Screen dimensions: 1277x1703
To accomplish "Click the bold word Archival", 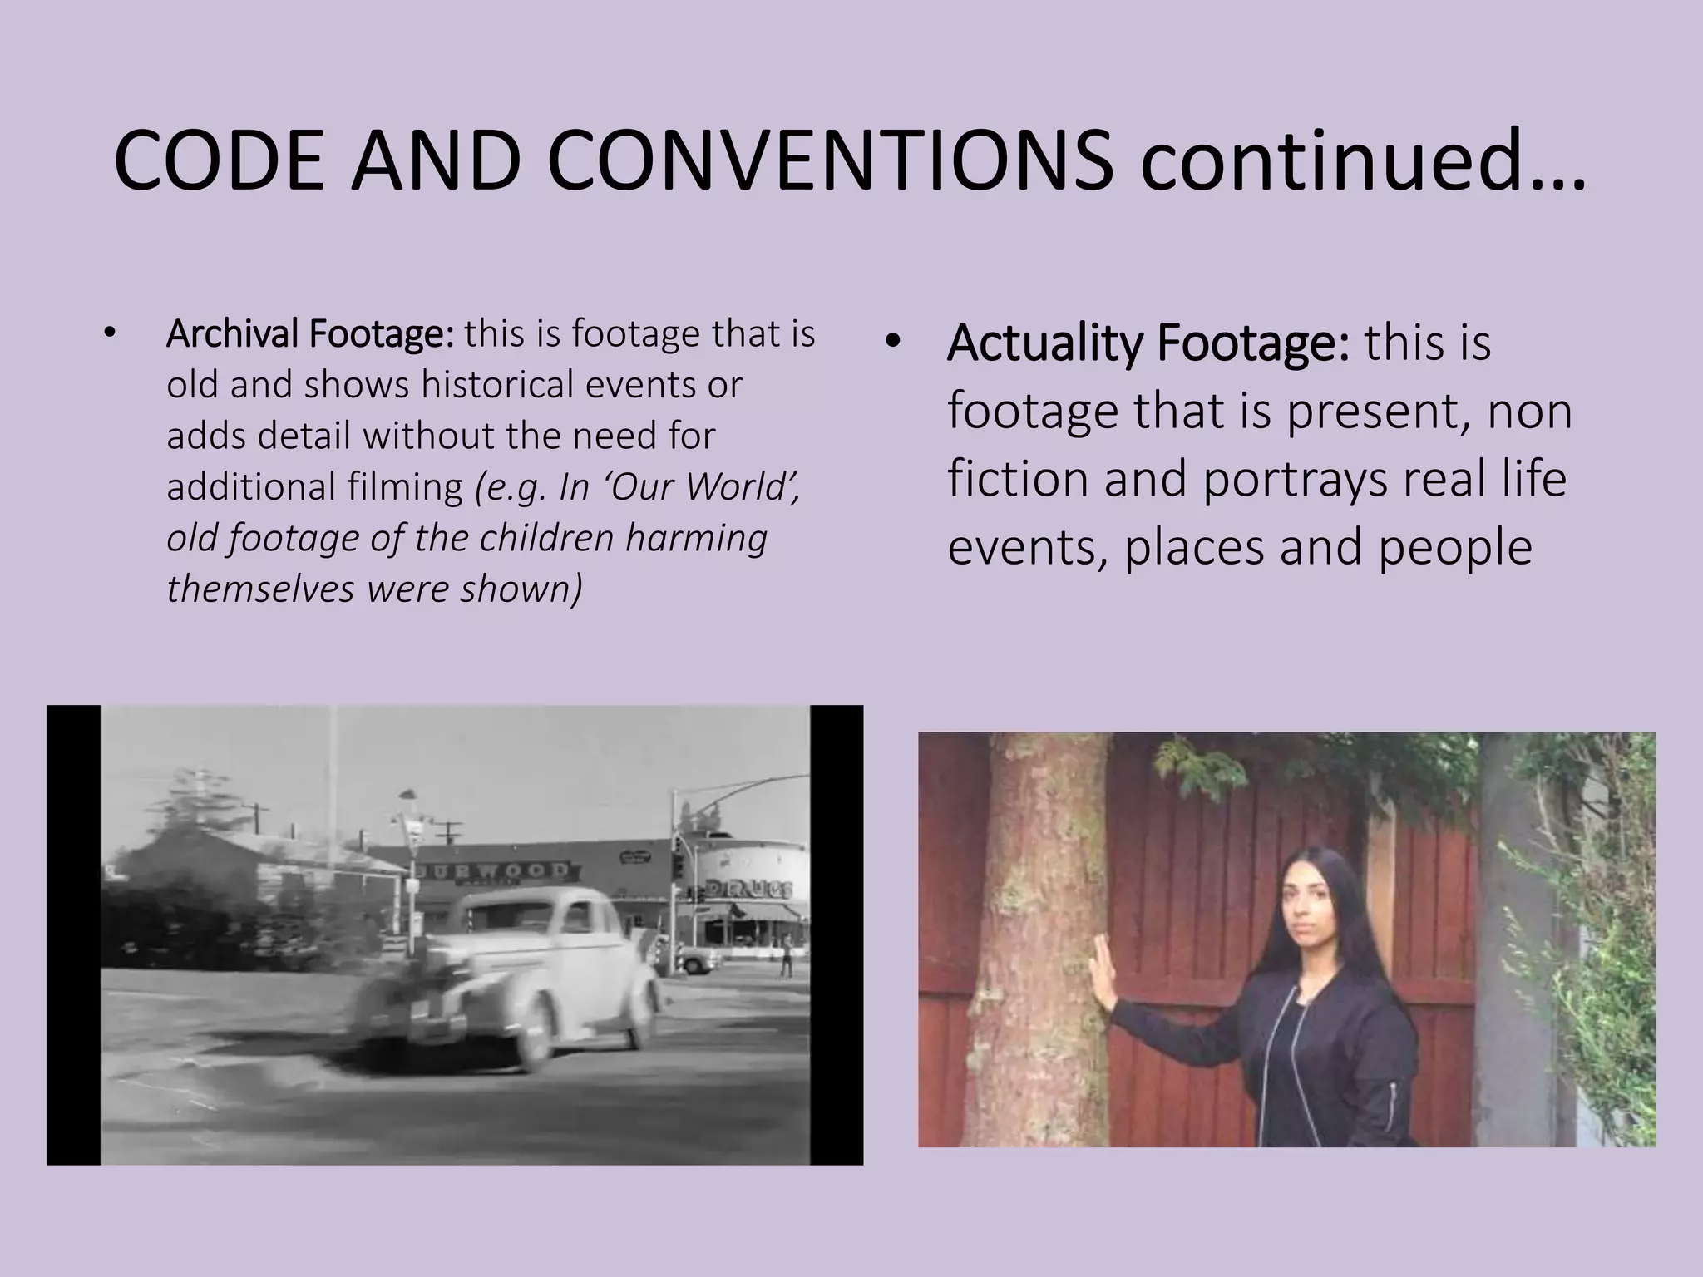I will (x=233, y=334).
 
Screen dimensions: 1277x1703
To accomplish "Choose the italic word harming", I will (x=696, y=538).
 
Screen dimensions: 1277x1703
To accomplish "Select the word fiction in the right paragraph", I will (x=1018, y=480).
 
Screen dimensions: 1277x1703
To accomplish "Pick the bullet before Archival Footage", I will (x=108, y=333).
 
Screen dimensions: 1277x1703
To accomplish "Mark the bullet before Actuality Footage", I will (x=893, y=343).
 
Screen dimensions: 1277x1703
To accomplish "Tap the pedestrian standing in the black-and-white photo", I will (x=785, y=956).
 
